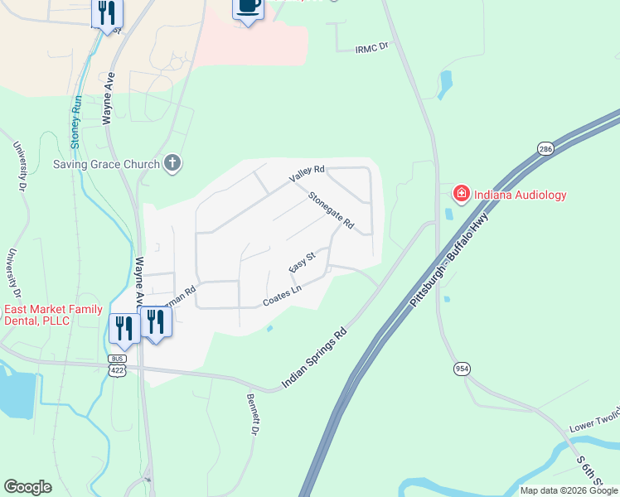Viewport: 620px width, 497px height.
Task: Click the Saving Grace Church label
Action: click(107, 164)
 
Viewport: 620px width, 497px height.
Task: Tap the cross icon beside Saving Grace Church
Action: click(172, 163)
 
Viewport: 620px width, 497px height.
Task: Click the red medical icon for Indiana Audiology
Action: click(460, 195)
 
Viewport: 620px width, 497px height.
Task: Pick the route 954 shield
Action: click(463, 367)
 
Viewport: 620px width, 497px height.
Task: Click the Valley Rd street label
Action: click(306, 175)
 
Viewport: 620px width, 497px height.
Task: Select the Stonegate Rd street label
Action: click(331, 211)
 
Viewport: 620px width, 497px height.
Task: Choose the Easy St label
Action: click(302, 264)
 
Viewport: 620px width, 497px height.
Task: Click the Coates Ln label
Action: click(281, 295)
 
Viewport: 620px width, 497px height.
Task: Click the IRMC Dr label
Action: click(371, 49)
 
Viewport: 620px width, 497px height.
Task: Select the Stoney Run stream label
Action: click(75, 122)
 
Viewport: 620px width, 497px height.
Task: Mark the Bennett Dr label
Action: click(253, 414)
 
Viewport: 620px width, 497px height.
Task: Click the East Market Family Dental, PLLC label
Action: click(54, 315)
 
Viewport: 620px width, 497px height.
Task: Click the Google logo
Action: click(27, 487)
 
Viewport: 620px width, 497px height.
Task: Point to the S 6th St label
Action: click(590, 470)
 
